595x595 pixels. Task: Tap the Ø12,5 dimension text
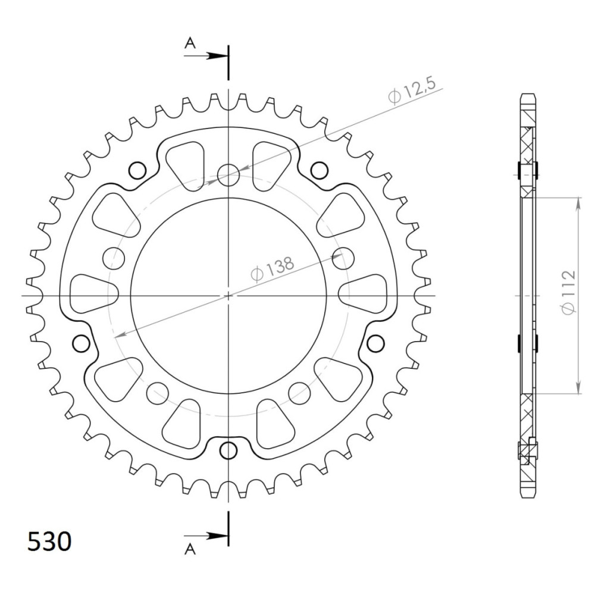[412, 90]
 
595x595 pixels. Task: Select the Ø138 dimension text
[273, 268]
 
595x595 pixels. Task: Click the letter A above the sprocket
[190, 43]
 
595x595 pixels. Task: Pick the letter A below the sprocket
[190, 549]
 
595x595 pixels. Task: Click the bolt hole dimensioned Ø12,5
[228, 175]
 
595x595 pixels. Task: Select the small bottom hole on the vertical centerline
[228, 451]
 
